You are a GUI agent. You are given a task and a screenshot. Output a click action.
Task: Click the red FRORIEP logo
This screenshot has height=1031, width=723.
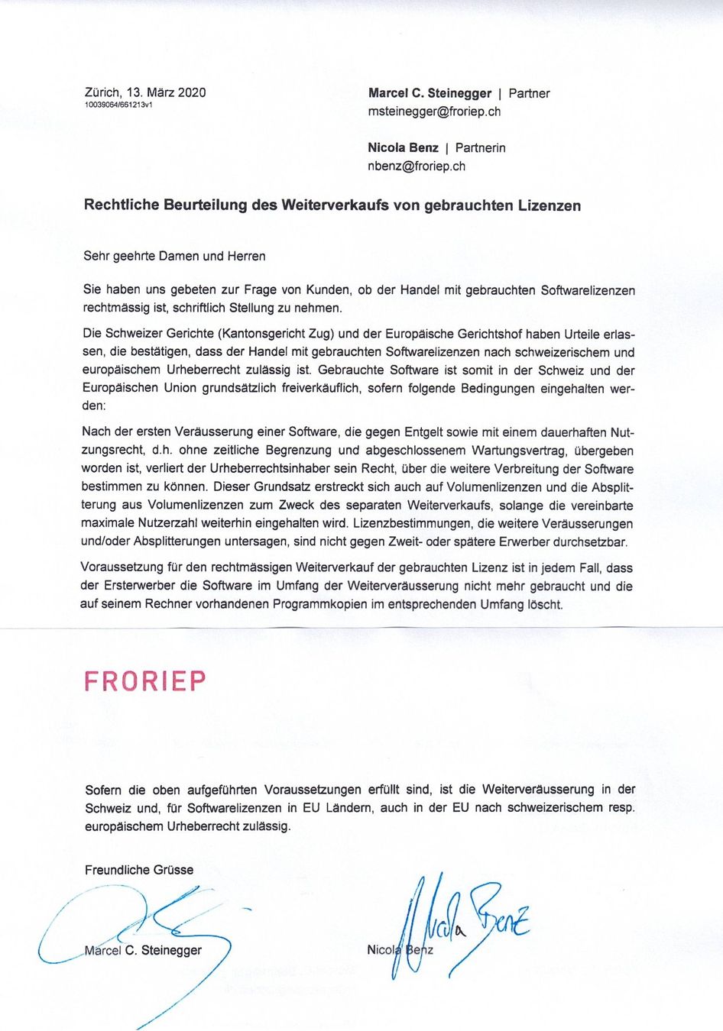click(144, 680)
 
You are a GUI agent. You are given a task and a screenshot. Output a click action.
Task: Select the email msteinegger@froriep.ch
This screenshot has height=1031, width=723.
click(434, 112)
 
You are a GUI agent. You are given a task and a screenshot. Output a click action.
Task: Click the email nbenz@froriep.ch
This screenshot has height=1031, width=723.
click(417, 166)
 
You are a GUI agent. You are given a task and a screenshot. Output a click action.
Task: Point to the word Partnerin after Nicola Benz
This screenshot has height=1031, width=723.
click(480, 147)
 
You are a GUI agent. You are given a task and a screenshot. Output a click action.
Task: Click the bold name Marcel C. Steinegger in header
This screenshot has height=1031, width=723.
click(430, 93)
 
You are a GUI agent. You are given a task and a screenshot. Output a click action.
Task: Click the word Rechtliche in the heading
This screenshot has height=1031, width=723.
click(121, 205)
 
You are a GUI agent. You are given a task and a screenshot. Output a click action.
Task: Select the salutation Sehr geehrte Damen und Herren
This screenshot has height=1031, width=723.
click(174, 256)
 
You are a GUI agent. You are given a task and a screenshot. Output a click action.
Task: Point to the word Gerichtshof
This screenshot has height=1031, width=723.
click(490, 334)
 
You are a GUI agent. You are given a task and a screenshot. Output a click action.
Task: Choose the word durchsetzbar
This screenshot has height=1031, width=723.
click(591, 541)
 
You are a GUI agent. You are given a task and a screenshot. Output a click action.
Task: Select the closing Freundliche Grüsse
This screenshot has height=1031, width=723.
click(139, 870)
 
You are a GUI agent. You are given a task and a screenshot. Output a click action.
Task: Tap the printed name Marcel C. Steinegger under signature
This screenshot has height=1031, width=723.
click(143, 950)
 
